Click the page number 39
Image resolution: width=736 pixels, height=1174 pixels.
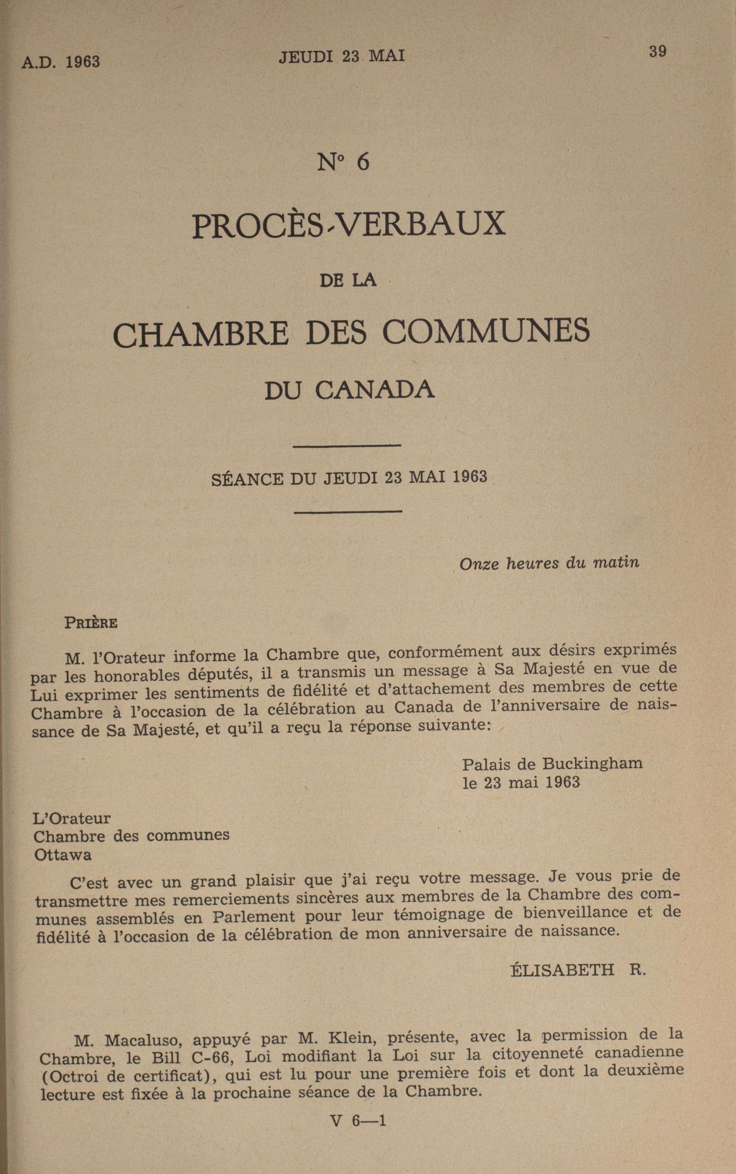click(x=657, y=52)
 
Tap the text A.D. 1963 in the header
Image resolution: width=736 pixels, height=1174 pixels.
click(x=61, y=62)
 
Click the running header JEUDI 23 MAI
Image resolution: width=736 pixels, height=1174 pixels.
click(x=342, y=57)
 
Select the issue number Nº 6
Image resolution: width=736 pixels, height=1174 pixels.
click(x=343, y=163)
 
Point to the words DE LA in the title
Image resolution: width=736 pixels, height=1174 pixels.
click(x=348, y=281)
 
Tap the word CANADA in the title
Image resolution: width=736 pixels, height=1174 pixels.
click(x=374, y=390)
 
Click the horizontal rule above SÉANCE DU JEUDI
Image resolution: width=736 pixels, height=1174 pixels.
click(x=348, y=446)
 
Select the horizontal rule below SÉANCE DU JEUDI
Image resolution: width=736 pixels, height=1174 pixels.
click(x=348, y=511)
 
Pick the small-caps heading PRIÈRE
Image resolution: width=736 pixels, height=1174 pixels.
click(x=91, y=623)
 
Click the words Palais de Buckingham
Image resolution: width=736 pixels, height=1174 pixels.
click(x=552, y=763)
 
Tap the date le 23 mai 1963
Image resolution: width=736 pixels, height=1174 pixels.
click(x=521, y=782)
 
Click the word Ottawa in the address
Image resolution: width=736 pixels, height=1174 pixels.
click(x=63, y=854)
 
